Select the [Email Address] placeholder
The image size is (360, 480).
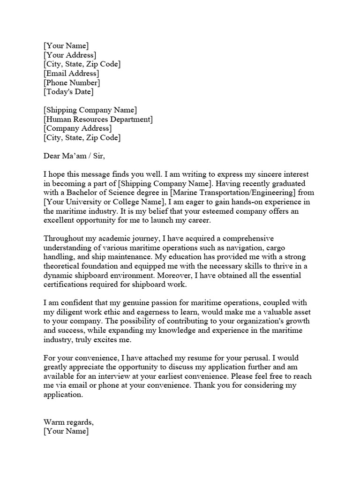pyautogui.click(x=71, y=73)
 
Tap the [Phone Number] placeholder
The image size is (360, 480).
pyautogui.click(x=71, y=82)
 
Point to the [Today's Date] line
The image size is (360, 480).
pyautogui.click(x=68, y=92)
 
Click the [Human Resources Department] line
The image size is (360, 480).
pyautogui.click(x=98, y=119)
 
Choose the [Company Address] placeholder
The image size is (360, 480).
pyautogui.click(x=77, y=128)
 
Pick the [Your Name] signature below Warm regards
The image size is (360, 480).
pyautogui.click(x=66, y=432)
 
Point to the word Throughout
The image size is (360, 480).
pyautogui.click(x=65, y=239)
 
